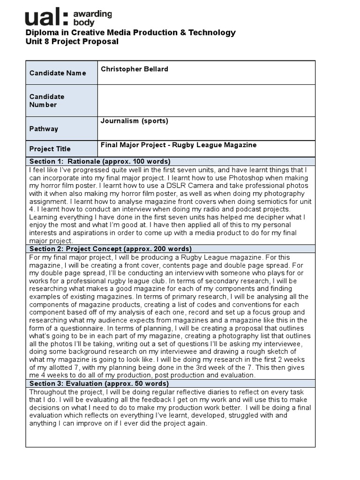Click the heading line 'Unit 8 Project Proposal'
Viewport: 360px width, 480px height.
[72, 42]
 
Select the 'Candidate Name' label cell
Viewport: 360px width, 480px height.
[58, 73]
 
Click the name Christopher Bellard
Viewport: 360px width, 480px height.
[134, 69]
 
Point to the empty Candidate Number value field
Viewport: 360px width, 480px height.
[206, 100]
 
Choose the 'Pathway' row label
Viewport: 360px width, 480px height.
[44, 129]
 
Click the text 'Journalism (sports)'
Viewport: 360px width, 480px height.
[134, 121]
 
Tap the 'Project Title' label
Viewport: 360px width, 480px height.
[50, 149]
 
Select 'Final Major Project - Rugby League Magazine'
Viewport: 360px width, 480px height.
[179, 145]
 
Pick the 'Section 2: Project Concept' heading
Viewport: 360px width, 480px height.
[110, 249]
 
